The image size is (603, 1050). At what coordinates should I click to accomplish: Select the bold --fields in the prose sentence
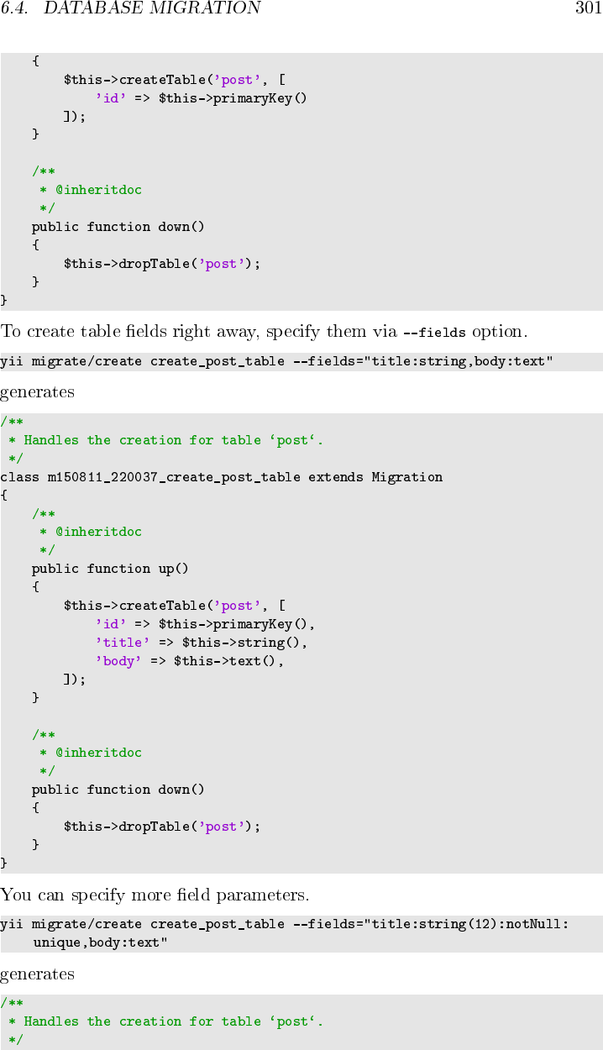pyautogui.click(x=434, y=333)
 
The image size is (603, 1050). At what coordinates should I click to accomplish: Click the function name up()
pyautogui.click(x=174, y=569)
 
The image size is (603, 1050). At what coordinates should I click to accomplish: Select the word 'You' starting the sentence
pyautogui.click(x=14, y=894)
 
